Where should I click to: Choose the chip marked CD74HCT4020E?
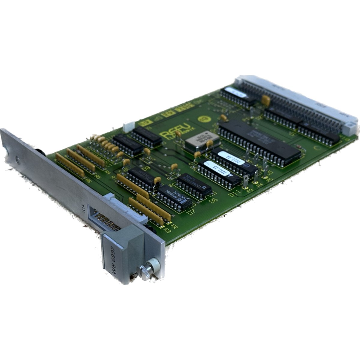194,184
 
